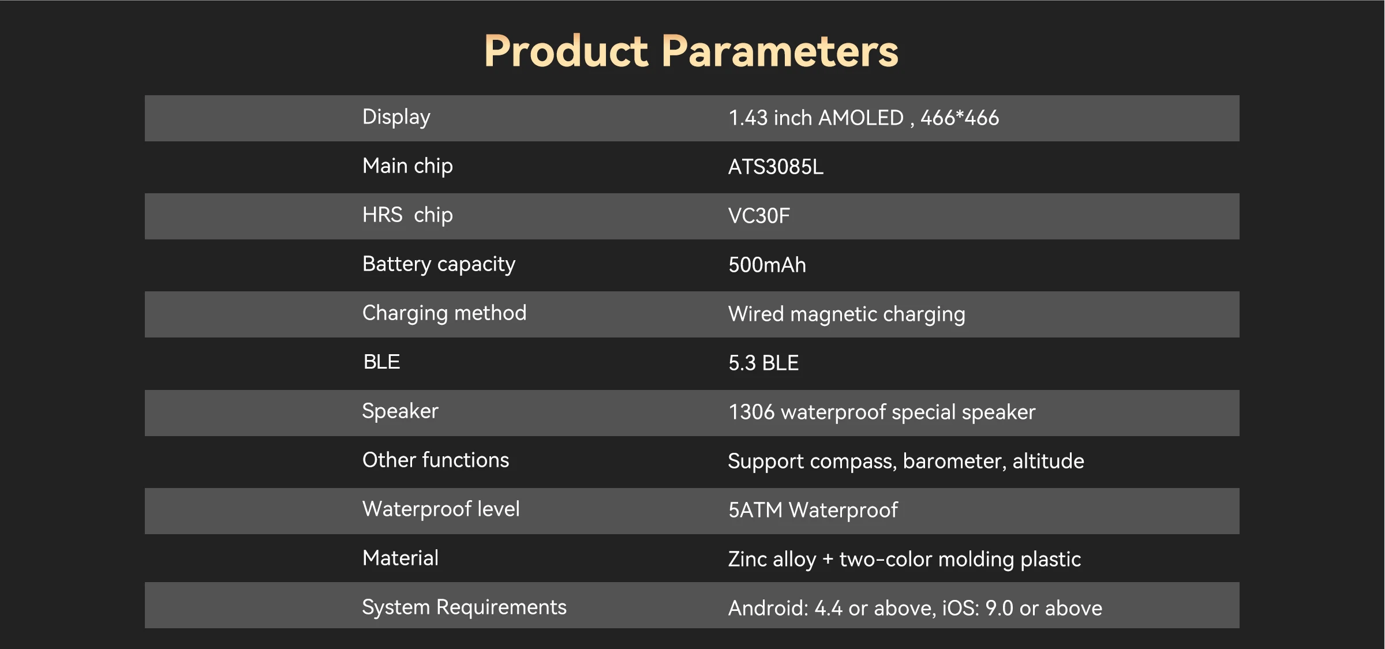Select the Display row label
tap(396, 117)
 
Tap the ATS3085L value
tap(776, 167)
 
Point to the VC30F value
tap(759, 216)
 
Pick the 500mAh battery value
tap(767, 265)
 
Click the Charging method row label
tap(444, 313)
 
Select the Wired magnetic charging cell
tap(847, 314)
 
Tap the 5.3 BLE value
tap(763, 363)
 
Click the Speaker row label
tap(400, 411)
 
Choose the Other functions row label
tap(436, 460)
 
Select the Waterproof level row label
tap(441, 509)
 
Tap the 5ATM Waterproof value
tap(813, 510)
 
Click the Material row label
tap(400, 558)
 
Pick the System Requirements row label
tap(465, 607)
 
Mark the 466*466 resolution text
tap(960, 118)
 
